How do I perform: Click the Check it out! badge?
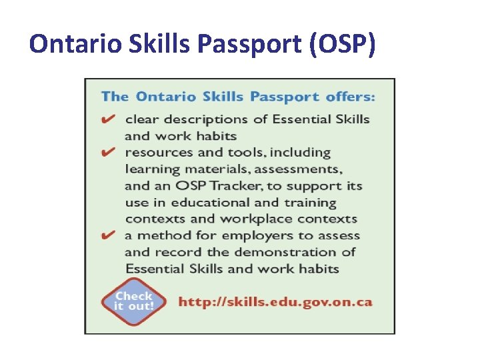point(133,301)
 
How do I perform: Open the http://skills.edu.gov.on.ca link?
point(275,301)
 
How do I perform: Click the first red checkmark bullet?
point(108,119)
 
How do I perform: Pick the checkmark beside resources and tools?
point(108,152)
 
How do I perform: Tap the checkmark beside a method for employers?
point(108,235)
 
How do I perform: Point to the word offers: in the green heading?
point(350,97)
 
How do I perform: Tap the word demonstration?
point(287,253)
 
